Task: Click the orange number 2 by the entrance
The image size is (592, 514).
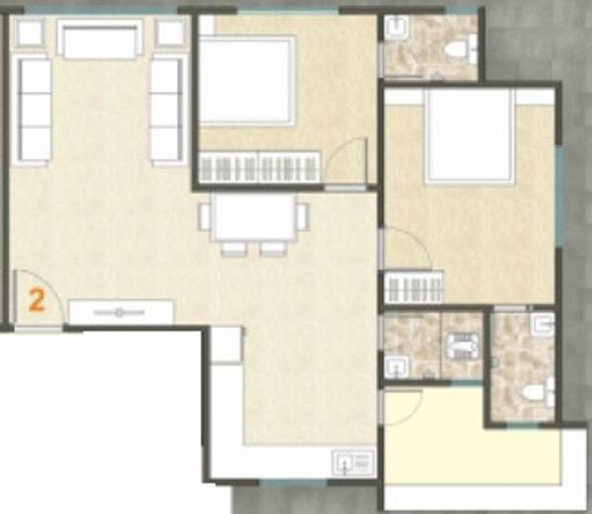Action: [37, 300]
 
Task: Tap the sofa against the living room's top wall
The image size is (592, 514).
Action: [98, 39]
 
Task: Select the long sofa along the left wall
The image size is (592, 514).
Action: [35, 110]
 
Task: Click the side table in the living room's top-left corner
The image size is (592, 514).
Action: [30, 33]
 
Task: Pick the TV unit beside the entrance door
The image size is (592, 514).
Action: [120, 313]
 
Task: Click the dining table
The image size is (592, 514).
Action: [254, 216]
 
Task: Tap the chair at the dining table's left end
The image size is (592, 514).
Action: [204, 216]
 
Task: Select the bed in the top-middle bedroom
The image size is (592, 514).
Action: [247, 79]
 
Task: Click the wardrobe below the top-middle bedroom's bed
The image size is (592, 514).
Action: [259, 166]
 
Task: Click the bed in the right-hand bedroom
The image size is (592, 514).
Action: [469, 136]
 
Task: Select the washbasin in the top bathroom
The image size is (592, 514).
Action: [396, 28]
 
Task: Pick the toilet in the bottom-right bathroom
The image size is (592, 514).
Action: [534, 393]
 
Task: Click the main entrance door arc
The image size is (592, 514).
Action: [39, 296]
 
